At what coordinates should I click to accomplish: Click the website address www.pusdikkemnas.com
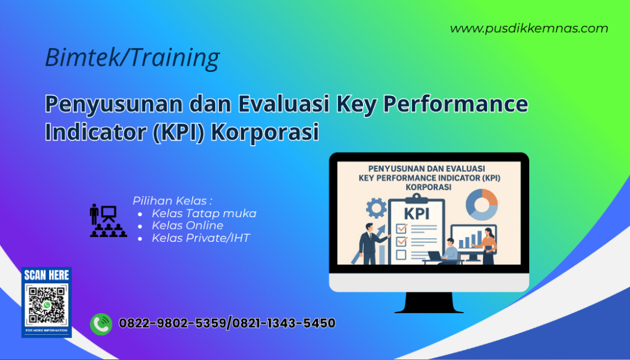click(x=528, y=28)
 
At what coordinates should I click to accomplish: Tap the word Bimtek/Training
click(x=132, y=58)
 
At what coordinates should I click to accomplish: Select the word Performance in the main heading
click(x=455, y=105)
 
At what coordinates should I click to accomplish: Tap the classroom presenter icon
click(x=108, y=220)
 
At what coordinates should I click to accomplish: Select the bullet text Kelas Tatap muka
click(x=204, y=214)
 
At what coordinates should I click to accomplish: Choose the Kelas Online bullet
click(x=187, y=226)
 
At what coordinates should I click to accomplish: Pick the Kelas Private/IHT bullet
click(x=201, y=238)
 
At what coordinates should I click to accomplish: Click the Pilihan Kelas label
click(x=172, y=201)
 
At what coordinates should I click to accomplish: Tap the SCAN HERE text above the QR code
click(x=47, y=275)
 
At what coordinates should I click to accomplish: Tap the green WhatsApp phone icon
click(x=101, y=324)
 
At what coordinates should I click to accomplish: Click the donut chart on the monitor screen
click(x=482, y=204)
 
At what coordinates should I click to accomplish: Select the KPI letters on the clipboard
click(x=417, y=213)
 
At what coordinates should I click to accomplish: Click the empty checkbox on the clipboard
click(x=401, y=254)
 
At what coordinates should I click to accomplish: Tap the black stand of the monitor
click(x=429, y=302)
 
